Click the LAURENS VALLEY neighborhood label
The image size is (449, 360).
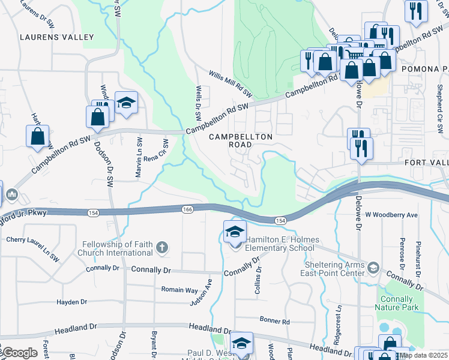[x=57, y=37]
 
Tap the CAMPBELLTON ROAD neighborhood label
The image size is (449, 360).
[x=241, y=141]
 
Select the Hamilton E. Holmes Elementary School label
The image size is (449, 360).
[x=279, y=243]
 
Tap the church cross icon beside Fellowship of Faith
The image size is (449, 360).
[x=161, y=247]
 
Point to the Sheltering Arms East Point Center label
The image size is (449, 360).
[x=333, y=269]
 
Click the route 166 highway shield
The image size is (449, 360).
[x=187, y=209]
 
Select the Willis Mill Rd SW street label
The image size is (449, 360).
[x=231, y=84]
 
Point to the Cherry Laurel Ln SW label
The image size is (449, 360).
[x=32, y=248]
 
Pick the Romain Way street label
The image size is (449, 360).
[x=179, y=289]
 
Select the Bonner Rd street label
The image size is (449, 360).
[x=274, y=322]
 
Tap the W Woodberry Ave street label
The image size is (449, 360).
[x=391, y=215]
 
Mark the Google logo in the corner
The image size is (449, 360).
[x=19, y=353]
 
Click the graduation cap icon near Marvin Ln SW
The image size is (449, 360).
[x=126, y=104]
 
